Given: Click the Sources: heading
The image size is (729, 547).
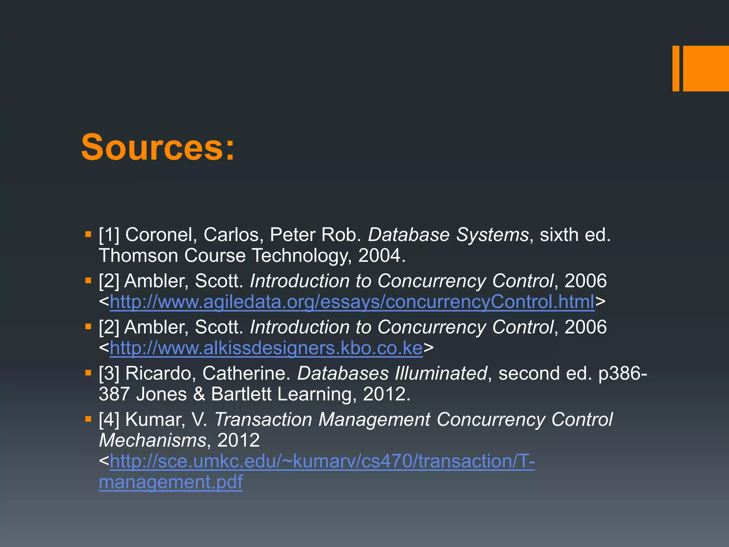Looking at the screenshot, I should pyautogui.click(x=158, y=147).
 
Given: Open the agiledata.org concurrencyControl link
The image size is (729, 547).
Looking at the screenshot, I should pyautogui.click(x=352, y=302).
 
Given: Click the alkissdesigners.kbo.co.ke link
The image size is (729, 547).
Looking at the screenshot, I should pyautogui.click(x=266, y=348).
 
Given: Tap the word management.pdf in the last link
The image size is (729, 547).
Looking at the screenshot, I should pyautogui.click(x=171, y=482).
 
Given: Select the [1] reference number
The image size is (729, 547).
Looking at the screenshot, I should pyautogui.click(x=109, y=235).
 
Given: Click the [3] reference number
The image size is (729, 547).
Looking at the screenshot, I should pyautogui.click(x=109, y=373).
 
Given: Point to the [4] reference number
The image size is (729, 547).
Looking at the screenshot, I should pyautogui.click(x=109, y=420).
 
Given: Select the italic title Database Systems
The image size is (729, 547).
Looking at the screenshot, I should pyautogui.click(x=448, y=235).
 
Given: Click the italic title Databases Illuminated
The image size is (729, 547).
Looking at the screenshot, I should pyautogui.click(x=392, y=373).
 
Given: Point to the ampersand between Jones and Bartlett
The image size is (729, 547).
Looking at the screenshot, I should pyautogui.click(x=199, y=394).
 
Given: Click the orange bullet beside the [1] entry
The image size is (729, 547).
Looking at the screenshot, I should pyautogui.click(x=88, y=234).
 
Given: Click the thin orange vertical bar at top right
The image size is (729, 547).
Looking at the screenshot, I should pyautogui.click(x=676, y=68).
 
